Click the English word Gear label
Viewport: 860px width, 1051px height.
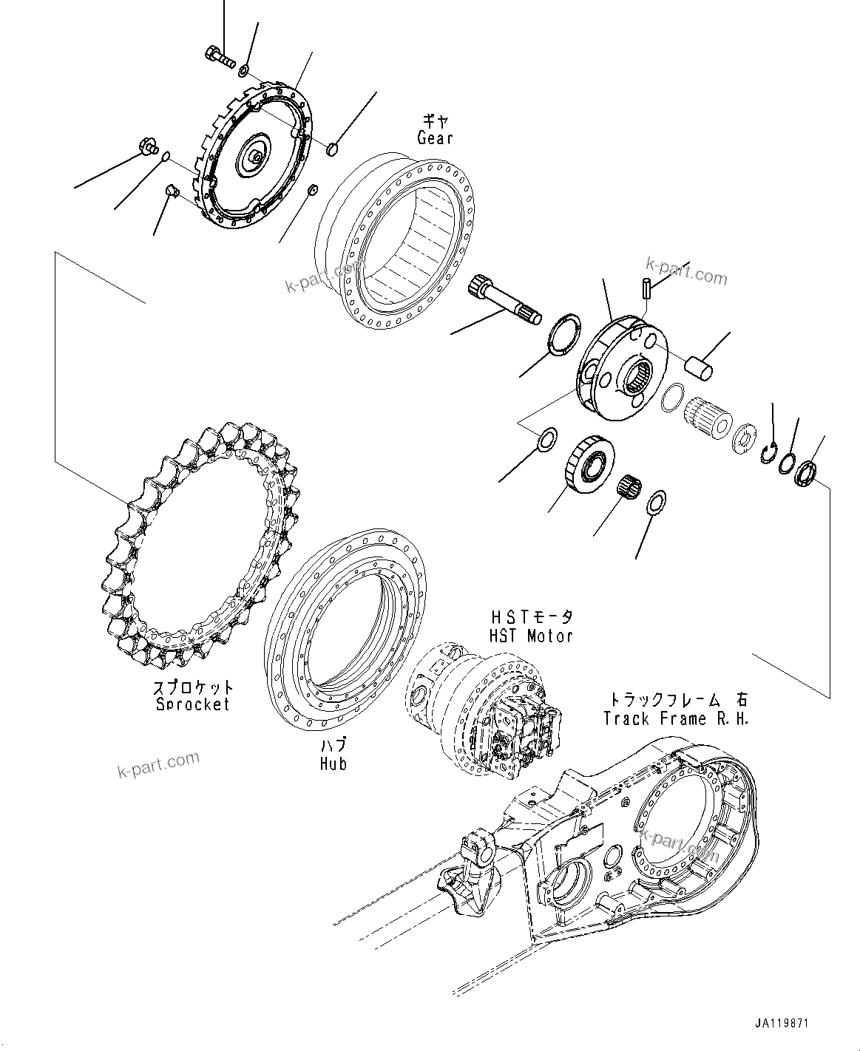point(435,138)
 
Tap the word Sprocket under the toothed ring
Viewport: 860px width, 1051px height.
point(193,704)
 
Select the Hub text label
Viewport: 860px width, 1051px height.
point(333,763)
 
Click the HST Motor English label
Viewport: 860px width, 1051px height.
point(530,636)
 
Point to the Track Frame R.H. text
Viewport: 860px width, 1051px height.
point(676,718)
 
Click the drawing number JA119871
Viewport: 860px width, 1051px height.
point(782,1024)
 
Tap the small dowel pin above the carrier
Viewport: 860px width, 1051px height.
point(646,286)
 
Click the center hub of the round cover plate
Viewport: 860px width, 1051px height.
point(254,157)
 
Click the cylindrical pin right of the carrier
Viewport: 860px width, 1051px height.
point(699,367)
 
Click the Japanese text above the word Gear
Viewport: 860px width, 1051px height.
point(435,118)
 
